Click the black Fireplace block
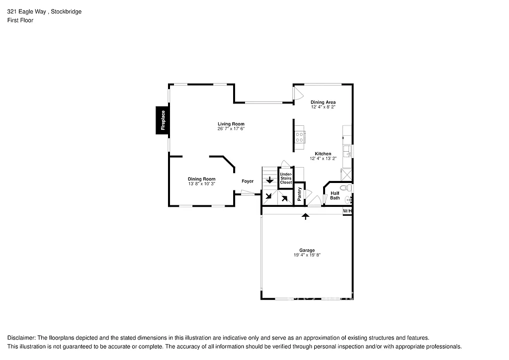click(162, 120)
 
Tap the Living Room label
click(231, 124)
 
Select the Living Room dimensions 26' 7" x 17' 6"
click(231, 129)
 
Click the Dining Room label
click(201, 179)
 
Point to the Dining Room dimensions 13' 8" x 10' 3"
click(201, 184)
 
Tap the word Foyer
click(248, 181)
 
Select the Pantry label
click(299, 194)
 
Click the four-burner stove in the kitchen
click(300, 137)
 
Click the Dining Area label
click(323, 102)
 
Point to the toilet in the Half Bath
click(348, 188)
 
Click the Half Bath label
click(335, 195)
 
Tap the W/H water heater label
click(347, 211)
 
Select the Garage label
click(307, 250)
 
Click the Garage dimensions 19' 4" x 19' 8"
click(307, 255)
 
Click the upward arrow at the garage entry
click(306, 216)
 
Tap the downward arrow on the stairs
click(270, 180)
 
